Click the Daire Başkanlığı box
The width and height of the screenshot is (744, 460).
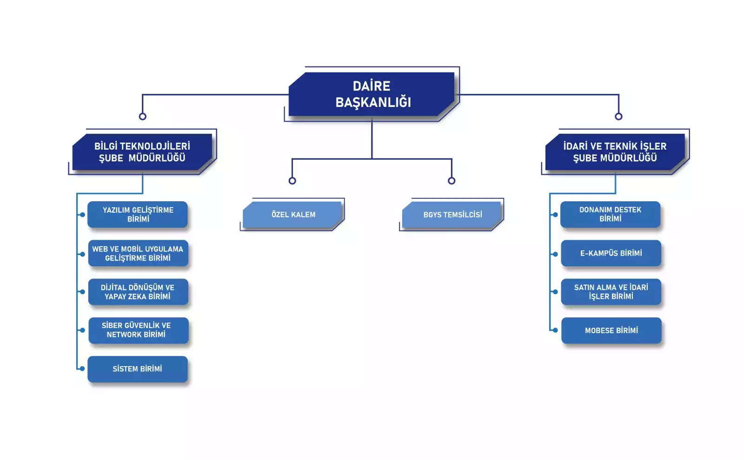click(x=372, y=94)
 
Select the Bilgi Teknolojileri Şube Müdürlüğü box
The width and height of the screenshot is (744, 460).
click(x=142, y=152)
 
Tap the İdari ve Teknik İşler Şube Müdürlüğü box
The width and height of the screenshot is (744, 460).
click(x=615, y=152)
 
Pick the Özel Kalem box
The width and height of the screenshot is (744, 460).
click(x=293, y=215)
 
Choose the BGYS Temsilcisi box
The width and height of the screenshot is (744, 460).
click(x=452, y=215)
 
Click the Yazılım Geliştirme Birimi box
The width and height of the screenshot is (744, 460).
click(x=138, y=214)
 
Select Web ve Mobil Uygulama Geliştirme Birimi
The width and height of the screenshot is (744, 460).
click(x=138, y=253)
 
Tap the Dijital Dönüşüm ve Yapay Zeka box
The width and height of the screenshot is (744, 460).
click(x=138, y=292)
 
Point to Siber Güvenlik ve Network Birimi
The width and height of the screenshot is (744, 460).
click(x=138, y=330)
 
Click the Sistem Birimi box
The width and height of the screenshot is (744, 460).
click(x=138, y=369)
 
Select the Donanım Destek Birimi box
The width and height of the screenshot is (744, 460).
click(x=610, y=214)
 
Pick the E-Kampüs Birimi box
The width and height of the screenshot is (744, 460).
click(x=611, y=253)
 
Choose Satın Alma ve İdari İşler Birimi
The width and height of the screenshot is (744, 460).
click(x=611, y=292)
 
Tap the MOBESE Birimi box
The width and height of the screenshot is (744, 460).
click(x=611, y=330)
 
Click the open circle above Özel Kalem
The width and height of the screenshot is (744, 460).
click(x=292, y=181)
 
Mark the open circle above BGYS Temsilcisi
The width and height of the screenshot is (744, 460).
click(x=452, y=181)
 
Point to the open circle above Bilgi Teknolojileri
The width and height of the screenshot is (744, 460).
click(x=143, y=117)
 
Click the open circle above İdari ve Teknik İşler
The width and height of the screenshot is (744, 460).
click(x=618, y=117)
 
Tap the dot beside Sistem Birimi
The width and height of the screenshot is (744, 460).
click(x=82, y=369)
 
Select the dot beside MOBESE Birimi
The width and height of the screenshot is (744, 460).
click(x=555, y=330)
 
